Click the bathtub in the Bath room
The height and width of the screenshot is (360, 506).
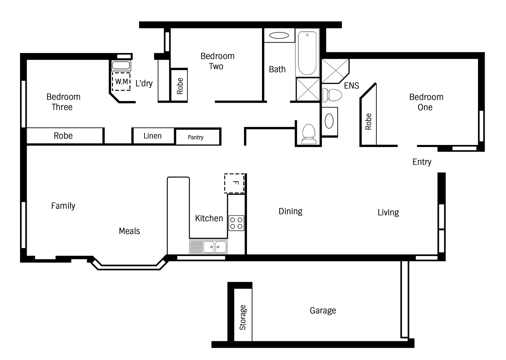click(x=307, y=53)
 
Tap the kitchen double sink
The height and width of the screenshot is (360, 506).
click(x=208, y=247)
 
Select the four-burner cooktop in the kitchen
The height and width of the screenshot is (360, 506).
click(x=236, y=223)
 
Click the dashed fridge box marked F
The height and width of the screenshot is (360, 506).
click(x=234, y=183)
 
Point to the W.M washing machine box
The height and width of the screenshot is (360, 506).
click(x=121, y=82)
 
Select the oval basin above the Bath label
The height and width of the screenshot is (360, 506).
click(x=279, y=35)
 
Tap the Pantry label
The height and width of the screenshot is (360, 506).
click(x=195, y=137)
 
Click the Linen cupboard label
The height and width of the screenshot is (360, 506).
click(x=152, y=136)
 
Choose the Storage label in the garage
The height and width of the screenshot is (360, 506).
click(x=243, y=317)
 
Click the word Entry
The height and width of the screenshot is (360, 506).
click(x=422, y=162)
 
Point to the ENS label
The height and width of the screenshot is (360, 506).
click(x=351, y=86)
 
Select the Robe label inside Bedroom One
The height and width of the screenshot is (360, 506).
click(x=368, y=121)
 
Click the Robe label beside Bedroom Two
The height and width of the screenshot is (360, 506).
click(x=180, y=86)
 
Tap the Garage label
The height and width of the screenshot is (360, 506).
click(x=323, y=311)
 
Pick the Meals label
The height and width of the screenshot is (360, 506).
click(x=129, y=231)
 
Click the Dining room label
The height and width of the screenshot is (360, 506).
click(x=290, y=211)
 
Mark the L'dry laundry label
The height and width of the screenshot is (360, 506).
click(x=144, y=83)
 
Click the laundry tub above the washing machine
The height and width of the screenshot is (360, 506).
click(x=121, y=65)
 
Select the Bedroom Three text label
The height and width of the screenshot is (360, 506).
click(x=63, y=102)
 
